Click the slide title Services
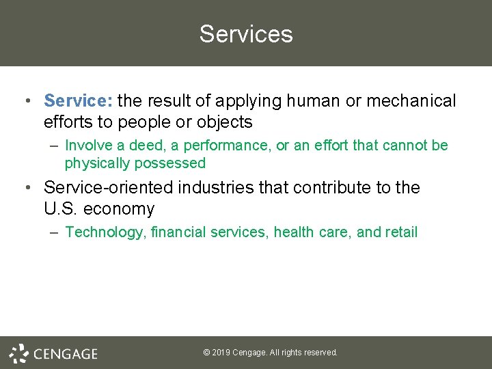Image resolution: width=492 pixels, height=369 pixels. [246, 34]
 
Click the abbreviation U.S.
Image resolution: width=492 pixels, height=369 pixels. [61, 209]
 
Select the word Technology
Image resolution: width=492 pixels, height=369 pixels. [105, 232]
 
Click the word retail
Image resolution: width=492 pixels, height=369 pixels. [401, 232]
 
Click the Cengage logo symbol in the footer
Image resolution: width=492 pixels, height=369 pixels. [18, 353]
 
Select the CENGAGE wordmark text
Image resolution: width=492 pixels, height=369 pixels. [66, 354]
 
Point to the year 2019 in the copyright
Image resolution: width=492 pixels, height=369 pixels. [221, 353]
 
